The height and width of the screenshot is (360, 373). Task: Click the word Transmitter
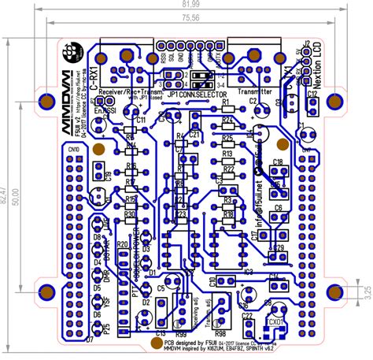(254, 91)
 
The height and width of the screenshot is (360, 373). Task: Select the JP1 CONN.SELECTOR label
(193, 94)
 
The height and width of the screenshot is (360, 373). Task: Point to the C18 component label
(278, 162)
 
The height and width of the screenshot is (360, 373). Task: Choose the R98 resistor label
(220, 312)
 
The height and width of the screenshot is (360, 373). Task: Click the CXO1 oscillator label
(275, 321)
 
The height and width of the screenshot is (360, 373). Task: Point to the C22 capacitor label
(248, 316)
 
